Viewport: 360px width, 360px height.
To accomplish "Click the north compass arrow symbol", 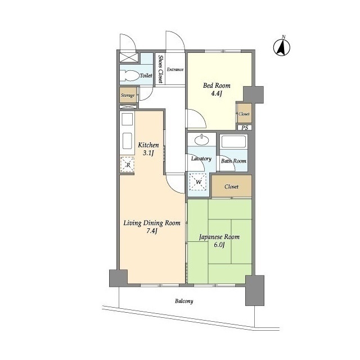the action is [x=282, y=47].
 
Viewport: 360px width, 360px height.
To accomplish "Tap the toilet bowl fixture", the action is [x=130, y=75].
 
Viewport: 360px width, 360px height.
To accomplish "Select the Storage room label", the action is [x=128, y=95].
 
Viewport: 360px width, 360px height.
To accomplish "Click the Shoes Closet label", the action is [x=160, y=69].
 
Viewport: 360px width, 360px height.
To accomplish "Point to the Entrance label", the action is [x=175, y=69].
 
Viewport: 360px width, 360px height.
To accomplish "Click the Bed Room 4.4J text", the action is [x=217, y=89].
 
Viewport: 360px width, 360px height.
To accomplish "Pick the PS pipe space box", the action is [x=245, y=128].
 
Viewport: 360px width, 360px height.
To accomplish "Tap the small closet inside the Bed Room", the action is [x=245, y=114].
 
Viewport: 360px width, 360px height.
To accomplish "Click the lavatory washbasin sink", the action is [x=201, y=139].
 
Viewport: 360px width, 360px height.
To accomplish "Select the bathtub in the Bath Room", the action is [x=233, y=142].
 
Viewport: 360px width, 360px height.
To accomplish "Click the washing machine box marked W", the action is [x=198, y=182].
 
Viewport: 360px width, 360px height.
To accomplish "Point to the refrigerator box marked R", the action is [x=128, y=164].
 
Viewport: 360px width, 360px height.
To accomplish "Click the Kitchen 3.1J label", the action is [x=148, y=148].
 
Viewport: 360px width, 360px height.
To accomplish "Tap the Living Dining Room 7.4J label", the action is [x=152, y=227].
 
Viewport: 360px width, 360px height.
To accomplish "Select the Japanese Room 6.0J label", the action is [x=219, y=241].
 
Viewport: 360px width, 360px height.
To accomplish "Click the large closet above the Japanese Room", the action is [x=231, y=186].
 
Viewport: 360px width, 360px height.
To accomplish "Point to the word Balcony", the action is [x=184, y=301].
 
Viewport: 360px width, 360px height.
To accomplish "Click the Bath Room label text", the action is [x=233, y=161].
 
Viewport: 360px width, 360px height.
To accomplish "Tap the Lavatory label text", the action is [x=201, y=159].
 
